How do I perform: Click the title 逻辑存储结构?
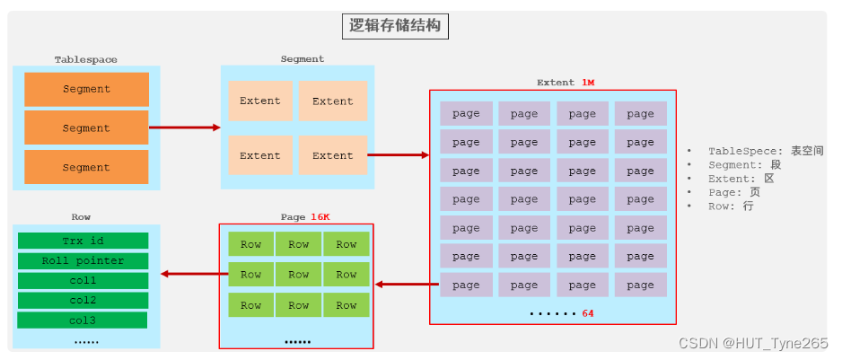[x=395, y=26]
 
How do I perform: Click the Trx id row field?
[x=83, y=241]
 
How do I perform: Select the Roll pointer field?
[x=83, y=260]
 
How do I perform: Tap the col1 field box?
[x=83, y=280]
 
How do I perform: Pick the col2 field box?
[x=83, y=300]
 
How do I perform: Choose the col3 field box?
[x=83, y=320]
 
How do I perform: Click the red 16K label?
[x=321, y=216]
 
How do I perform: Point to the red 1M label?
[x=588, y=83]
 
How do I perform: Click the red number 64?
[x=588, y=313]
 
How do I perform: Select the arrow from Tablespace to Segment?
[x=184, y=127]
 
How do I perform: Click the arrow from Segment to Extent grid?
[x=399, y=154]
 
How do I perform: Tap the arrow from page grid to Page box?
[x=407, y=285]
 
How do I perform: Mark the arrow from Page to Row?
[x=189, y=274]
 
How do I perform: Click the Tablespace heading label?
[x=85, y=60]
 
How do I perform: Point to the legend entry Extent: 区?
[x=741, y=179]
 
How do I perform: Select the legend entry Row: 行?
[x=731, y=206]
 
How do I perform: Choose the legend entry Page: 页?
[x=734, y=192]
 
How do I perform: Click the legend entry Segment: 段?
[x=744, y=164]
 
